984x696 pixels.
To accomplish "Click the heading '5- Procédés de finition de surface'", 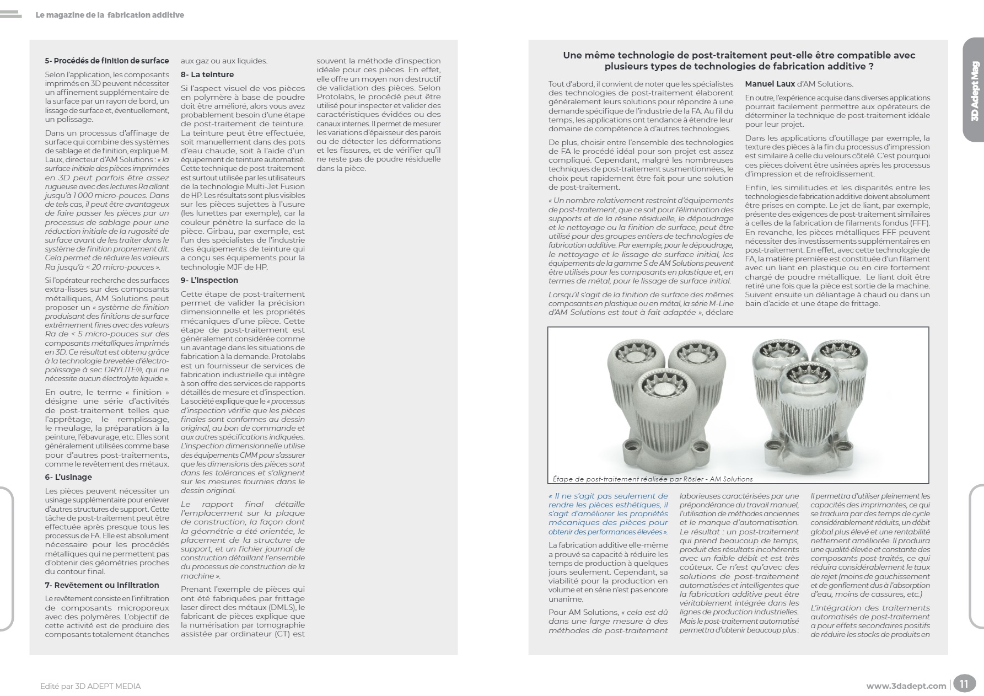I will [x=107, y=61].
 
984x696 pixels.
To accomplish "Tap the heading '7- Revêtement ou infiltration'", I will [x=102, y=585].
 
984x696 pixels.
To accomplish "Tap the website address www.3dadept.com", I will [x=906, y=686].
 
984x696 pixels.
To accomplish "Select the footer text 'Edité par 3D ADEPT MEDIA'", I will [x=90, y=686].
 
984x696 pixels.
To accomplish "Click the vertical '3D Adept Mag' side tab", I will [x=974, y=99].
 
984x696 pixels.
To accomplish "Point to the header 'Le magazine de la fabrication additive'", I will [x=110, y=15].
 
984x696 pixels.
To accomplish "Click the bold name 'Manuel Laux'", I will [x=770, y=84].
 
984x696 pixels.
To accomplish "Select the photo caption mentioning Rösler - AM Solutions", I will [x=652, y=479].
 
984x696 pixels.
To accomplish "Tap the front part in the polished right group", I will [x=806, y=414].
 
